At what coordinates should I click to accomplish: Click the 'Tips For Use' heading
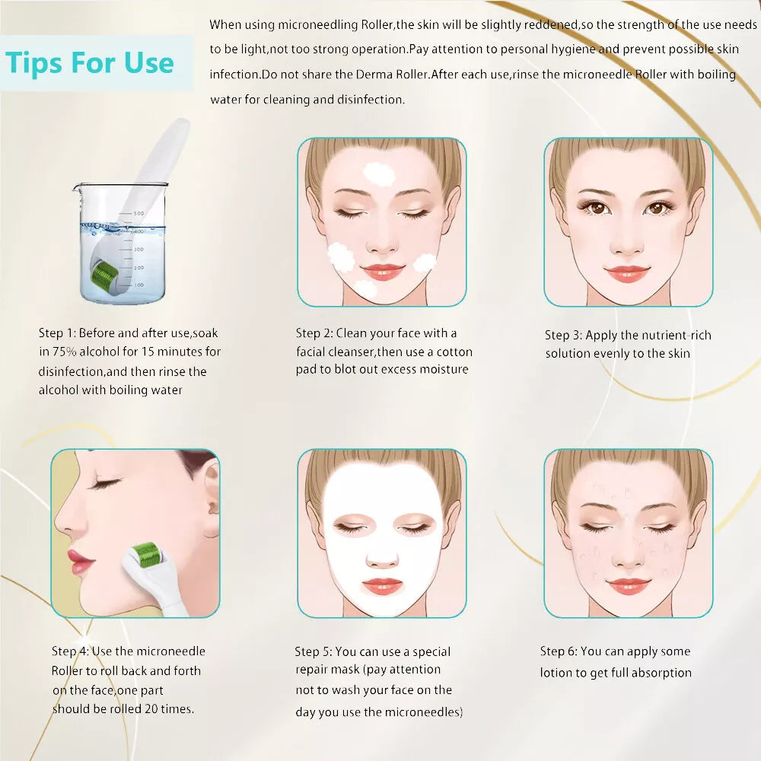tap(90, 63)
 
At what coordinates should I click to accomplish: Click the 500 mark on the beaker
tap(139, 214)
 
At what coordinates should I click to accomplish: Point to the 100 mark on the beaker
tap(139, 285)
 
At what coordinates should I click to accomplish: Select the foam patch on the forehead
tap(379, 175)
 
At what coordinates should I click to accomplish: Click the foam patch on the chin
tap(365, 289)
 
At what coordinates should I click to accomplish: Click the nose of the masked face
tap(383, 558)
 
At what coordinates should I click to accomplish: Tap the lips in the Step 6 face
tap(628, 586)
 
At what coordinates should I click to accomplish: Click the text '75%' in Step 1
tap(65, 352)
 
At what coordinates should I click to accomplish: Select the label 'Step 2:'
tap(314, 333)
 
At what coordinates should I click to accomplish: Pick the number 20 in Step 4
tap(151, 708)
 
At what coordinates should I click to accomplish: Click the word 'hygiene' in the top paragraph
tap(572, 49)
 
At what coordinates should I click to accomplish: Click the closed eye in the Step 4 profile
tap(106, 483)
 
